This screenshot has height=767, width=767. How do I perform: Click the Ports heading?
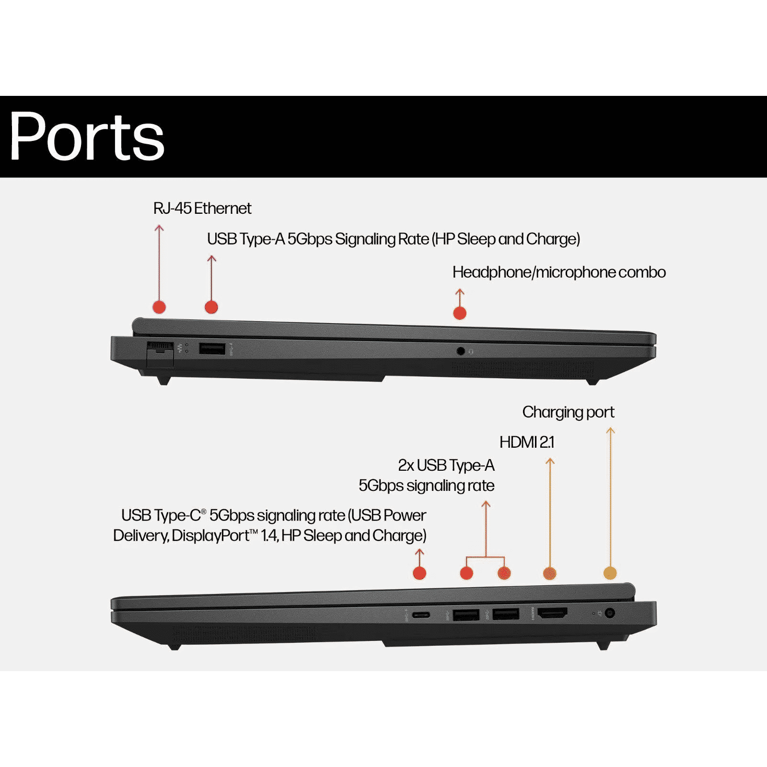(x=87, y=136)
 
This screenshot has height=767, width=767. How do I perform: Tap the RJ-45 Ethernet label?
(x=202, y=209)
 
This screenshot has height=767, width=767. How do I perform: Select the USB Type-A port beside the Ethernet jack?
(x=212, y=349)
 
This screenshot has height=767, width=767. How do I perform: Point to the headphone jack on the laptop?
(x=461, y=351)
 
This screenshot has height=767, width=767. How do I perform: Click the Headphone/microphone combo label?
(x=559, y=272)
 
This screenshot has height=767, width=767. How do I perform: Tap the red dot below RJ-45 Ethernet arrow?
(x=159, y=307)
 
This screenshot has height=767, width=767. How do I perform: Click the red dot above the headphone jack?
(x=460, y=313)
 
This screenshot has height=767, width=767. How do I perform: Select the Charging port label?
(x=568, y=412)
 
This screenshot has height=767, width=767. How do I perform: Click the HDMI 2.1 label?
(x=527, y=442)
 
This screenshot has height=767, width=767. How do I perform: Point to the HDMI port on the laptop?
(x=552, y=613)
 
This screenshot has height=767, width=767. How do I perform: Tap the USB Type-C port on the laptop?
(x=420, y=615)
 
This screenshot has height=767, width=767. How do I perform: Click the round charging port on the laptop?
(x=610, y=613)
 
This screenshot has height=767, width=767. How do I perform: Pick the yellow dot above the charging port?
(x=610, y=573)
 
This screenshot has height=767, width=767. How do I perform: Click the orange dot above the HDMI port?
(x=549, y=573)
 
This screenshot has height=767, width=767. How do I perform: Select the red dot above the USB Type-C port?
(x=419, y=573)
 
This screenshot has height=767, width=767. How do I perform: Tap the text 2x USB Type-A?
(x=446, y=465)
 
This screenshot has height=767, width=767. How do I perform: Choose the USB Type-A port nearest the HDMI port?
(x=506, y=614)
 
